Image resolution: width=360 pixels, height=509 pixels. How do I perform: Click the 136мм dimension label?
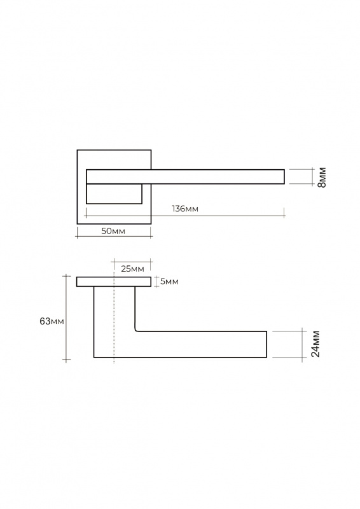tap(185, 209)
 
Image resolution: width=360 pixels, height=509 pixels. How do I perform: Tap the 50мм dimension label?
tap(113, 231)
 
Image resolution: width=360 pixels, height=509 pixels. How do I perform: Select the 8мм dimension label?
tap(322, 178)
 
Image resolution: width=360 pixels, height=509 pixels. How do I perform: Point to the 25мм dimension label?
tap(132, 268)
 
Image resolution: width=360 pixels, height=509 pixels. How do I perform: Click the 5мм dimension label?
tap(169, 281)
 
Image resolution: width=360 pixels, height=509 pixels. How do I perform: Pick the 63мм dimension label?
tap(52, 321)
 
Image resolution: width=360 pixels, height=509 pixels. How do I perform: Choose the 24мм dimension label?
tap(315, 344)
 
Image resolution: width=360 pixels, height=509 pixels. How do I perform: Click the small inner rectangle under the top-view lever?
tap(114, 194)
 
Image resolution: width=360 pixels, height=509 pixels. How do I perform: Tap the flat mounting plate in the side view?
tap(114, 282)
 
